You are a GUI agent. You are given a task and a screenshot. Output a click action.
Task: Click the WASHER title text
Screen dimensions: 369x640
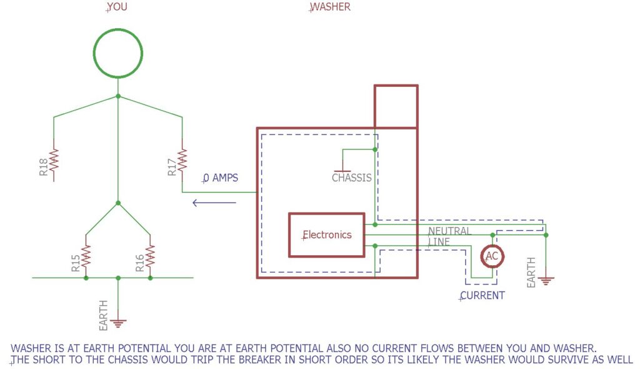coord(331,7)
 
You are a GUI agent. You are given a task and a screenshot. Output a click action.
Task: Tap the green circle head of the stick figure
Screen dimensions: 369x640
coord(117,53)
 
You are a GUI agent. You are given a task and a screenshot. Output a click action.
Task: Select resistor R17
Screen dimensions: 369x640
coord(182,160)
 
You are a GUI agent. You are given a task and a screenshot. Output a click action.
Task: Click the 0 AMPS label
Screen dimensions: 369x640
coord(221,178)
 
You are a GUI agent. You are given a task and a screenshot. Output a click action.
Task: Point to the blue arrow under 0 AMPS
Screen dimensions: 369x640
coord(214,202)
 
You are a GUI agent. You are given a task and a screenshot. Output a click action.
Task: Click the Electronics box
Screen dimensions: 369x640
coord(326,235)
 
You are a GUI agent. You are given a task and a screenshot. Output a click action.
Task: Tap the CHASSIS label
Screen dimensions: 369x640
coord(352,178)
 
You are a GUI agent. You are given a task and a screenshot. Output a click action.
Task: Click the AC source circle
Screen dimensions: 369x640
coord(492,256)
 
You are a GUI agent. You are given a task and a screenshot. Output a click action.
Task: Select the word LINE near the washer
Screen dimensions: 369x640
coord(439,241)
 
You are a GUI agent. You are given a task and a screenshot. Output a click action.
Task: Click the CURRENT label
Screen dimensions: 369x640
coord(482,295)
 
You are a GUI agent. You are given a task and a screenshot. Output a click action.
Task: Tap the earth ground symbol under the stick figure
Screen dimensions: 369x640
coord(117,323)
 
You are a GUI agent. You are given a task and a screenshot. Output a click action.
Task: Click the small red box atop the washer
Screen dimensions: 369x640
coord(396,106)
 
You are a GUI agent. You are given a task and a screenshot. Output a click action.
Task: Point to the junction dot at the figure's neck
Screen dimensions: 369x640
coord(117,96)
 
